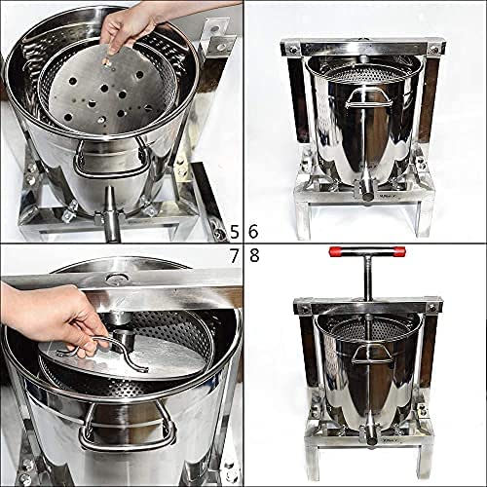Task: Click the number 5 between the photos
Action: tap(234, 231)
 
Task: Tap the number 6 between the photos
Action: tap(254, 231)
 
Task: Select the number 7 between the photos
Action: tap(234, 256)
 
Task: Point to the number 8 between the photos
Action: tap(254, 256)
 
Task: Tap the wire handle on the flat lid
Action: tap(102, 349)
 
